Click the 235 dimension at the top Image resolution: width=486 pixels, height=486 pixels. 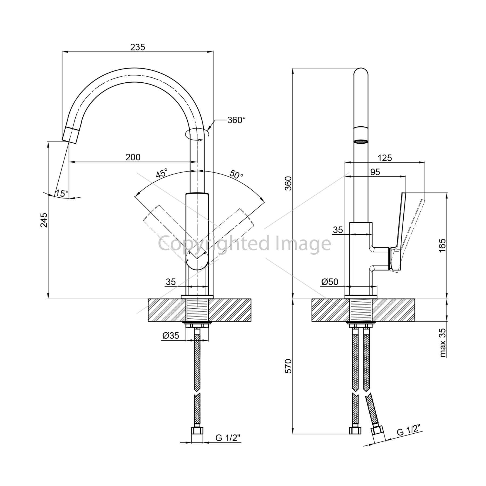[x=138, y=47]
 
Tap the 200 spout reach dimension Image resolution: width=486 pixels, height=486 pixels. [x=133, y=157]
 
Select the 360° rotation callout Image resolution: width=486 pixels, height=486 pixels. [x=237, y=120]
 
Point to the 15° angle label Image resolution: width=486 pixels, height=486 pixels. [x=62, y=193]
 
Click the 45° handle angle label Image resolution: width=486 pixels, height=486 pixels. [x=162, y=173]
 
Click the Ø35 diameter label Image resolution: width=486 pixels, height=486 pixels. [x=171, y=336]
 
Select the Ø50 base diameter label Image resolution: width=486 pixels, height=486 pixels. [x=330, y=282]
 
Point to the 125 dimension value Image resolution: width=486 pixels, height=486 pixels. [x=385, y=158]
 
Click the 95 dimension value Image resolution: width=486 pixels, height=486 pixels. [x=375, y=172]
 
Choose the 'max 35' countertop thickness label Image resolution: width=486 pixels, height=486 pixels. [x=443, y=343]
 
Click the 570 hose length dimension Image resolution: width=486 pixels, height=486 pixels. [x=289, y=366]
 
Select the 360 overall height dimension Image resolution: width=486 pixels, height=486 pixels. [x=289, y=183]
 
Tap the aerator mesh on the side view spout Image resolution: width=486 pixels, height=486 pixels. [x=361, y=141]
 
